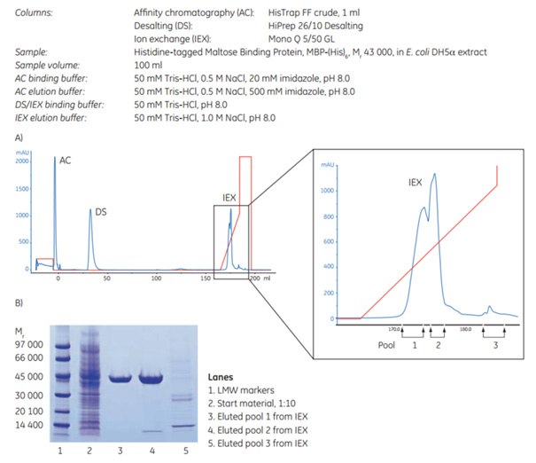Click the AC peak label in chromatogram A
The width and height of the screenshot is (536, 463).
click(x=65, y=161)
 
